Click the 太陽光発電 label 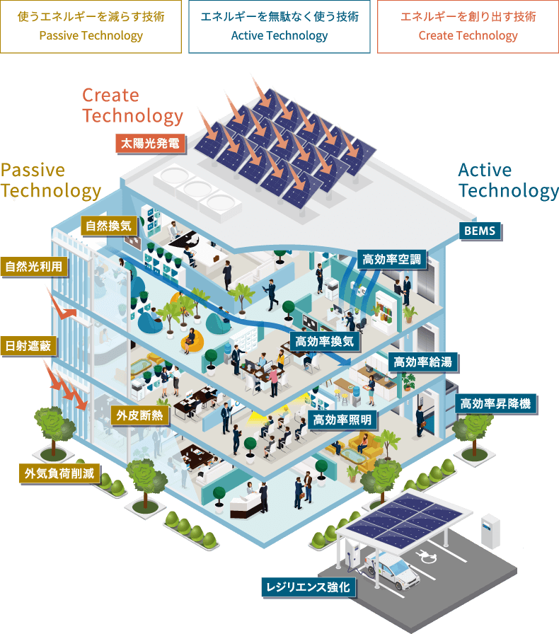pos(150,144)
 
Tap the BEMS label pos(479,231)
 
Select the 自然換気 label pos(108,226)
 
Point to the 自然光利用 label pos(34,266)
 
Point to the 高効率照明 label pos(343,420)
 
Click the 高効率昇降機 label pos(495,404)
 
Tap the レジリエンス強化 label pos(307,587)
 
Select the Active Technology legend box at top pos(279,26)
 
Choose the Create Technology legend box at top pos(468,26)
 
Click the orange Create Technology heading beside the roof pos(132,105)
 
